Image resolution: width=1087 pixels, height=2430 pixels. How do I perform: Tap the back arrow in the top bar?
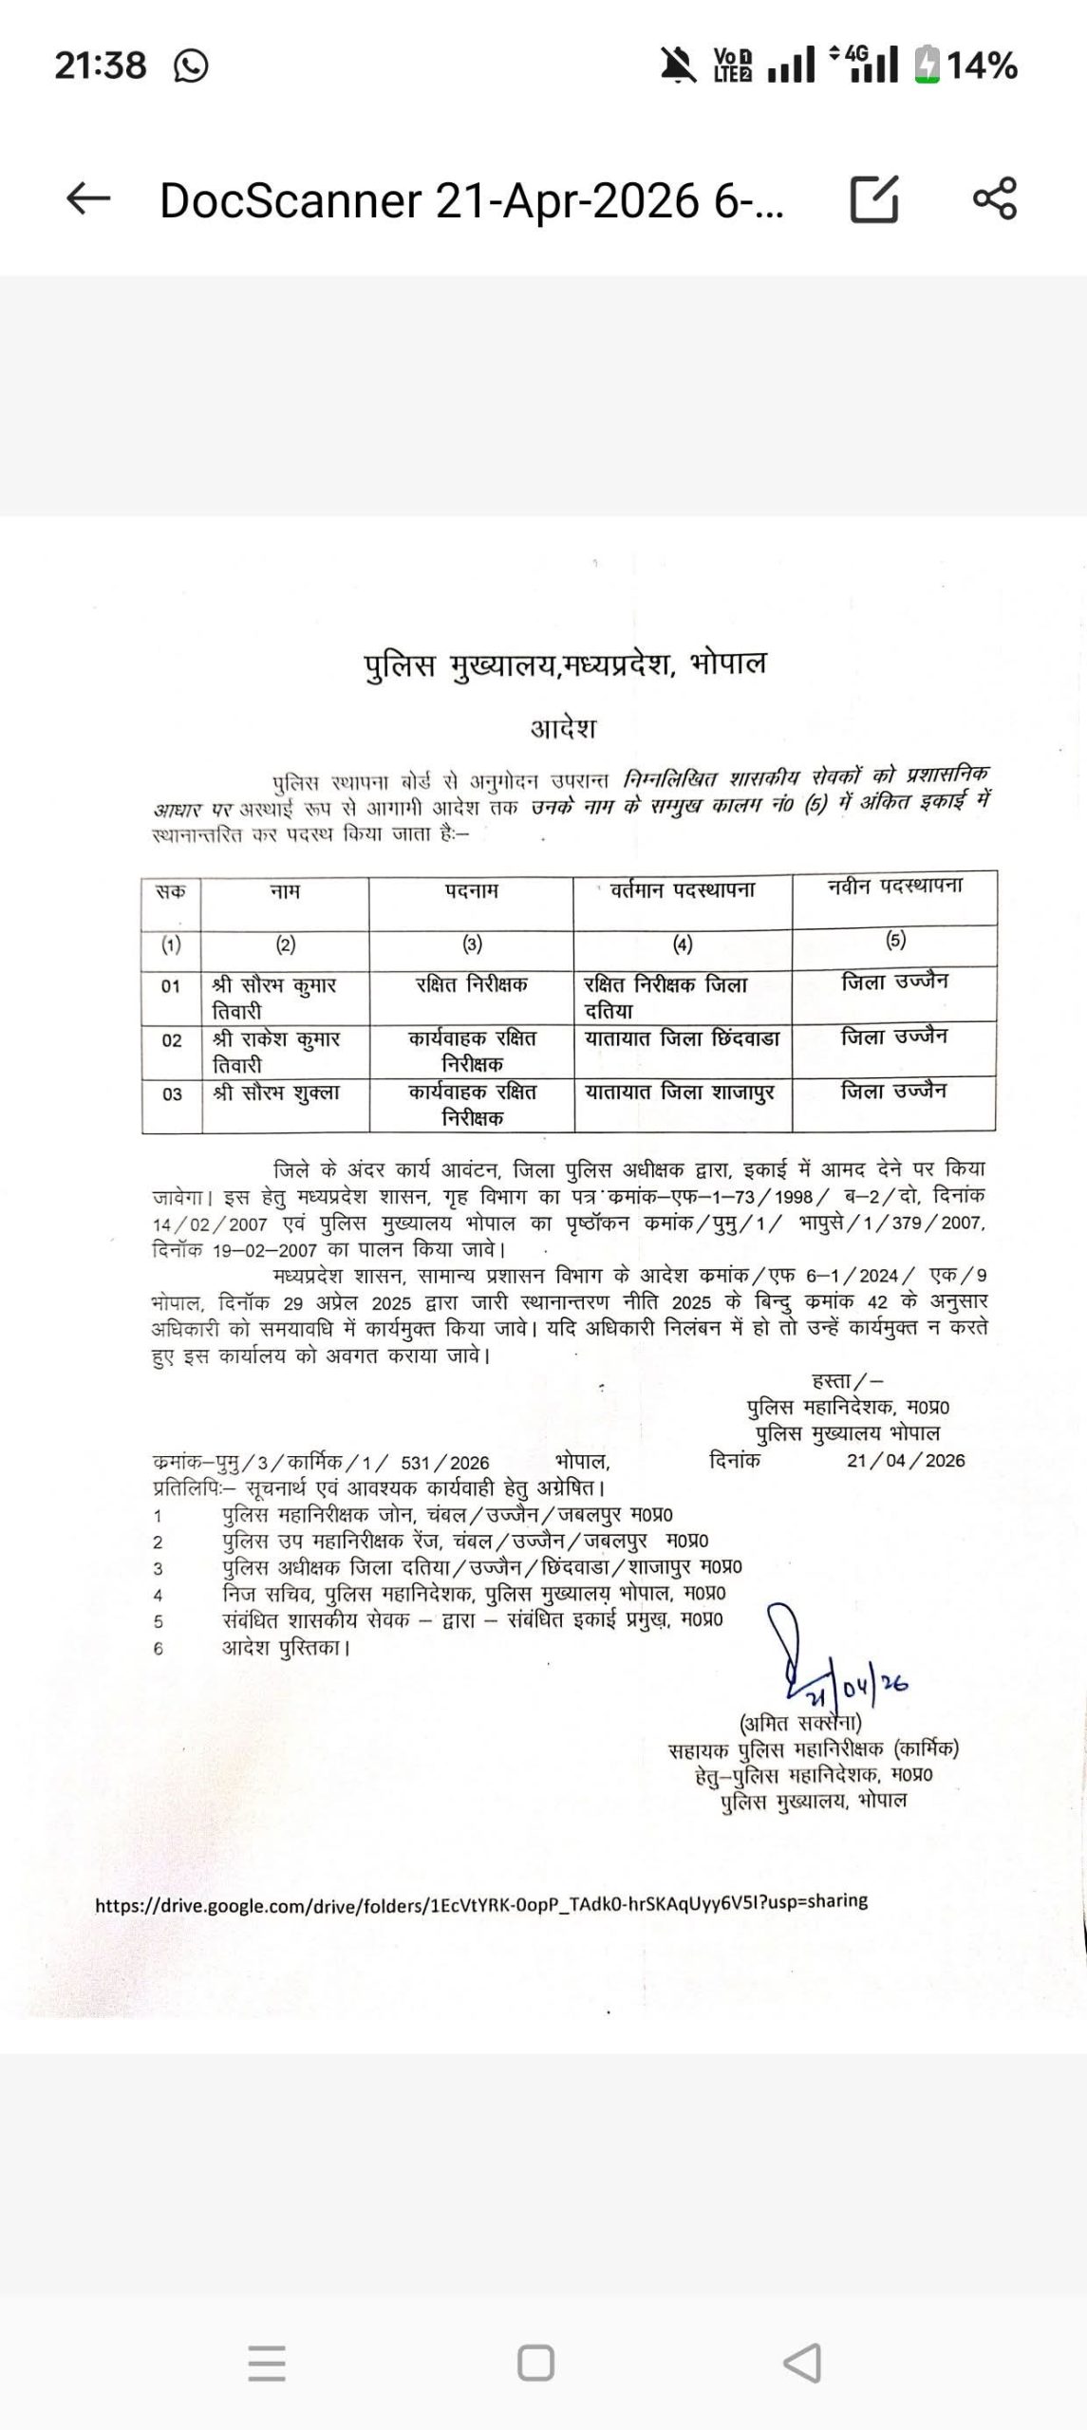[88, 199]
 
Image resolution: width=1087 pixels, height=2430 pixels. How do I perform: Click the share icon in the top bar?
[994, 199]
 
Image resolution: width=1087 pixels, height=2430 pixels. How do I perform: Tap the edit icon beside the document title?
[873, 199]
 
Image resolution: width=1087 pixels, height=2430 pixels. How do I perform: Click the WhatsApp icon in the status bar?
[191, 66]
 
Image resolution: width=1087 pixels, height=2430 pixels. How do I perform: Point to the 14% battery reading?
[982, 66]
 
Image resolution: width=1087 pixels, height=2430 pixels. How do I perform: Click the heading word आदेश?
[563, 728]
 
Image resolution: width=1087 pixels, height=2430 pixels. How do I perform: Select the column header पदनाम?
[472, 891]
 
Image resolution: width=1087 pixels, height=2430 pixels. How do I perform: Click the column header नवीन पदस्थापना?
[894, 886]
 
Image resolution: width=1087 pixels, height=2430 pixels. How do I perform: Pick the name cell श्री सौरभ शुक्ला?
[276, 1093]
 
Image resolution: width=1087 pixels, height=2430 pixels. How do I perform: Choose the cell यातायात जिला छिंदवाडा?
[682, 1038]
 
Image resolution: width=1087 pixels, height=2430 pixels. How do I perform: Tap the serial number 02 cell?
[172, 1040]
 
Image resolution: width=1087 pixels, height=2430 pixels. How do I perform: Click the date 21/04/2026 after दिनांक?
[906, 1461]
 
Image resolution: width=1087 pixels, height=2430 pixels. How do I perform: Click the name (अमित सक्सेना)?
[799, 1723]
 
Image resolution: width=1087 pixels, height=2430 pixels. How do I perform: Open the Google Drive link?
[481, 1901]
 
